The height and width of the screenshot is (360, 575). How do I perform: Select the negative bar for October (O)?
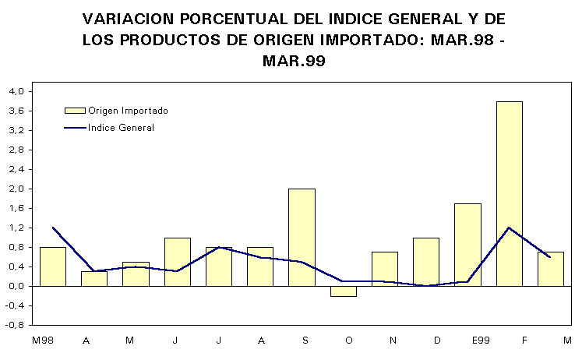pyautogui.click(x=343, y=291)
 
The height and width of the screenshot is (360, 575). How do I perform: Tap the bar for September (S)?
pyautogui.click(x=302, y=237)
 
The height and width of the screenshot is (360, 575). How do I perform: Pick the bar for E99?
pyautogui.click(x=467, y=245)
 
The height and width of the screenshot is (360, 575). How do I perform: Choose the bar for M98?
pyautogui.click(x=53, y=266)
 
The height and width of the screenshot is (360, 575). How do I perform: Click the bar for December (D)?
pyautogui.click(x=426, y=262)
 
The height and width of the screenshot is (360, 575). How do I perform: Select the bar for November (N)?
pyautogui.click(x=384, y=269)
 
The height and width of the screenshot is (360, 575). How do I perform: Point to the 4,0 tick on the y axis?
pyautogui.click(x=18, y=91)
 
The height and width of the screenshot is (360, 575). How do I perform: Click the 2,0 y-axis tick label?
pyautogui.click(x=18, y=189)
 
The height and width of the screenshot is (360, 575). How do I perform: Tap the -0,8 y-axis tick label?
pyautogui.click(x=16, y=325)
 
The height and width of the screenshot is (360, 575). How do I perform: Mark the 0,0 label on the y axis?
pyautogui.click(x=18, y=286)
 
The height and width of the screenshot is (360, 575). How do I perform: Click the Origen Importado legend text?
pyautogui.click(x=128, y=111)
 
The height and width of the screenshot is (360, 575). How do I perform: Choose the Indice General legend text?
pyautogui.click(x=121, y=128)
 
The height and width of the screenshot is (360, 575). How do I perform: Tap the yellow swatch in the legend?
pyautogui.click(x=74, y=111)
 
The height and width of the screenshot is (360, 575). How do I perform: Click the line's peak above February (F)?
pyautogui.click(x=509, y=228)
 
